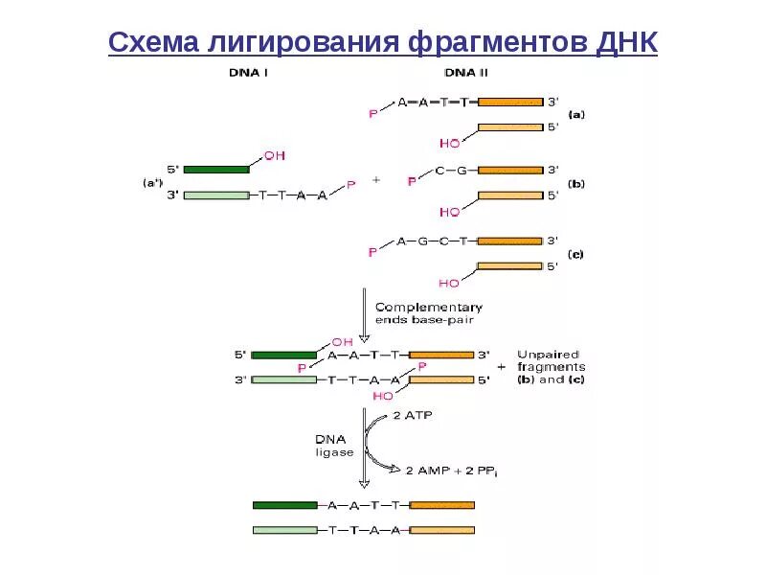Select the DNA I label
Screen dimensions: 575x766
247,73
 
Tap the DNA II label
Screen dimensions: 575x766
465,73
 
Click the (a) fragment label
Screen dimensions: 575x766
576,114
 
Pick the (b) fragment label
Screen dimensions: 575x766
576,183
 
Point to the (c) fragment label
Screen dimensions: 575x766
576,254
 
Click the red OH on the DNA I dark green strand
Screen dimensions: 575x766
274,155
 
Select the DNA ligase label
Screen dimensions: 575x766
335,445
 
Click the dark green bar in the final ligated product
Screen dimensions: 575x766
285,504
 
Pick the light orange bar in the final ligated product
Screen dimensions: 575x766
441,529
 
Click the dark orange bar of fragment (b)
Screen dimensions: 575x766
510,170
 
